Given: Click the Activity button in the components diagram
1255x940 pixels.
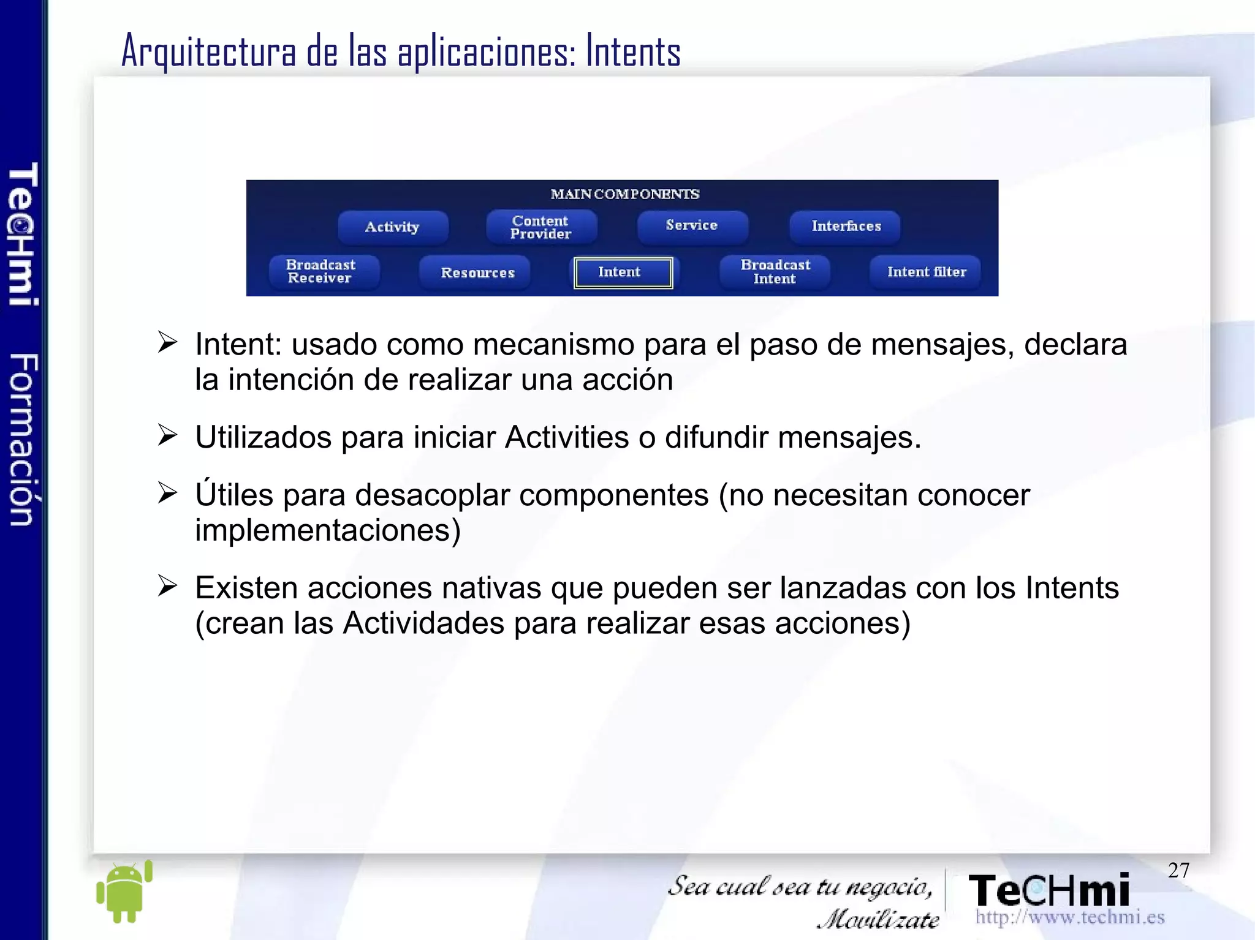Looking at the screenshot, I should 392,227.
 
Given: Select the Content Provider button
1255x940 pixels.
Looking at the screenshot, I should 540,227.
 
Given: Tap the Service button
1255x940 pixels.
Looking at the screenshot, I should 692,226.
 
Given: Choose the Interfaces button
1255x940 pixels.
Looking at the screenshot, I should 846,226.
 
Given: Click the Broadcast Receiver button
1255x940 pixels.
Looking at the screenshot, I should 321,271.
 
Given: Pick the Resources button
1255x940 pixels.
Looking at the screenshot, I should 477,273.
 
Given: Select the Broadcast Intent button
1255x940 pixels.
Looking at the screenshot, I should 775,271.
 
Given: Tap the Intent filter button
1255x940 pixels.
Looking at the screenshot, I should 926,272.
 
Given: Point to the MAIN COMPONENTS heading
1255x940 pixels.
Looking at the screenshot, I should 624,194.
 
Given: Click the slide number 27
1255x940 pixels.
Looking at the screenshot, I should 1178,870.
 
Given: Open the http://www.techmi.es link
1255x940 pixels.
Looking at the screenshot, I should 1070,917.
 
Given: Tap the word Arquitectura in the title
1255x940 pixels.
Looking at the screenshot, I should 208,51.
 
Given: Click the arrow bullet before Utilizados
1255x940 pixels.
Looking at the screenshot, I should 167,435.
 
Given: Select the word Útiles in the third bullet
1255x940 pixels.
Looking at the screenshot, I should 234,494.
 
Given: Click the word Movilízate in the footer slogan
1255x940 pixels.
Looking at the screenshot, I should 878,919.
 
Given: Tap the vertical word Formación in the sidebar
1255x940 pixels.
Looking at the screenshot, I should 23,439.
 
